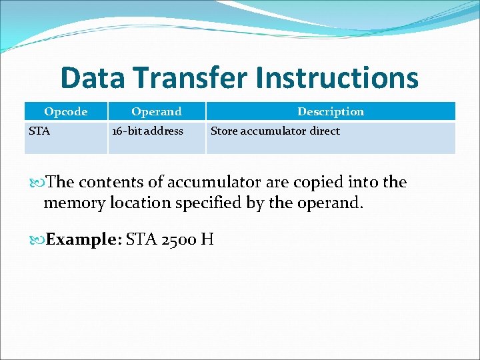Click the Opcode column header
pyautogui.click(x=65, y=111)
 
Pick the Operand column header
pyautogui.click(x=156, y=111)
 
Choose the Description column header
pyautogui.click(x=331, y=111)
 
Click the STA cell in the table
pyautogui.click(x=39, y=131)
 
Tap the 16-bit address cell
pyautogui.click(x=147, y=131)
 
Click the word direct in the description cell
pyautogui.click(x=324, y=131)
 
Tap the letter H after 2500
pyautogui.click(x=207, y=239)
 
